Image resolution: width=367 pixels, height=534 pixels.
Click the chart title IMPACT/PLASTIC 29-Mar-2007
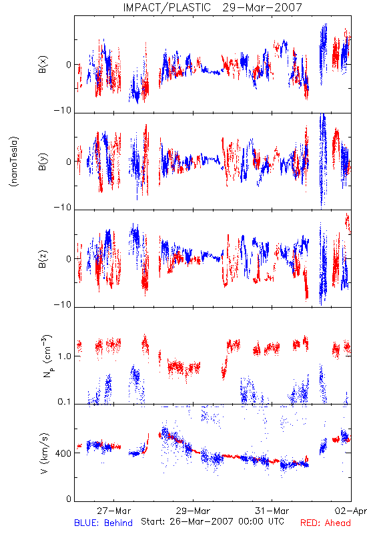pos(212,7)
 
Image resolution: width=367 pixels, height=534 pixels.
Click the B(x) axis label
pos(43,64)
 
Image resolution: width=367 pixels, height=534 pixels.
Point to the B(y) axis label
pos(43,162)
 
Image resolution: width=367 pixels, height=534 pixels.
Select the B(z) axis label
pos(43,259)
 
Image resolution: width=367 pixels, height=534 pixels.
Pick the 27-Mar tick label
pos(113,511)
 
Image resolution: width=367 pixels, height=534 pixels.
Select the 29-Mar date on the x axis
pos(193,511)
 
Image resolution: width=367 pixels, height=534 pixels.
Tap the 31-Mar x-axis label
pos(272,511)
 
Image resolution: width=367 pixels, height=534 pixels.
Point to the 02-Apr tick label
pos(351,511)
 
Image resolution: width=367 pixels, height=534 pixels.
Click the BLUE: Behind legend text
pos(103,523)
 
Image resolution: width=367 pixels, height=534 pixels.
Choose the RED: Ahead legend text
pos(326,523)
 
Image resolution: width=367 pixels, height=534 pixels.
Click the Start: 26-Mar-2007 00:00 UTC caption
pos(212,521)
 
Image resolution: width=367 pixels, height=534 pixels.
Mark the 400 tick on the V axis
pos(63,453)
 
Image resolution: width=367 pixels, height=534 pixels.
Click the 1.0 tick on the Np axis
pos(65,356)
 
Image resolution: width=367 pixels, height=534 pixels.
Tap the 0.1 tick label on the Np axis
pos(65,402)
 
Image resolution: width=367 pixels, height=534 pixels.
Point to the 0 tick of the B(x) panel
pos(69,65)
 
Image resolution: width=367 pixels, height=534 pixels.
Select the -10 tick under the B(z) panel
pos(63,304)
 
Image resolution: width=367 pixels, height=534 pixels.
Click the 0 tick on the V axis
pos(69,499)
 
